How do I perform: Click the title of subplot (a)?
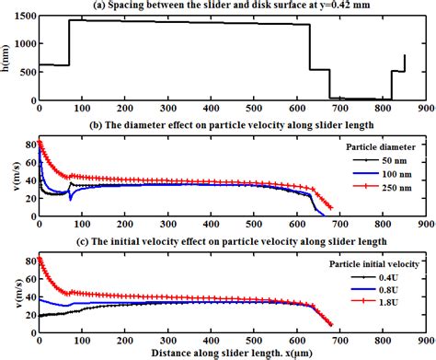tap(229, 6)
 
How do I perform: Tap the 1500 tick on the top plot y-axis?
tap(22, 17)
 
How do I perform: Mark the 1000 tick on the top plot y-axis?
tap(22, 44)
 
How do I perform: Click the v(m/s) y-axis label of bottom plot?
tap(7, 293)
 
